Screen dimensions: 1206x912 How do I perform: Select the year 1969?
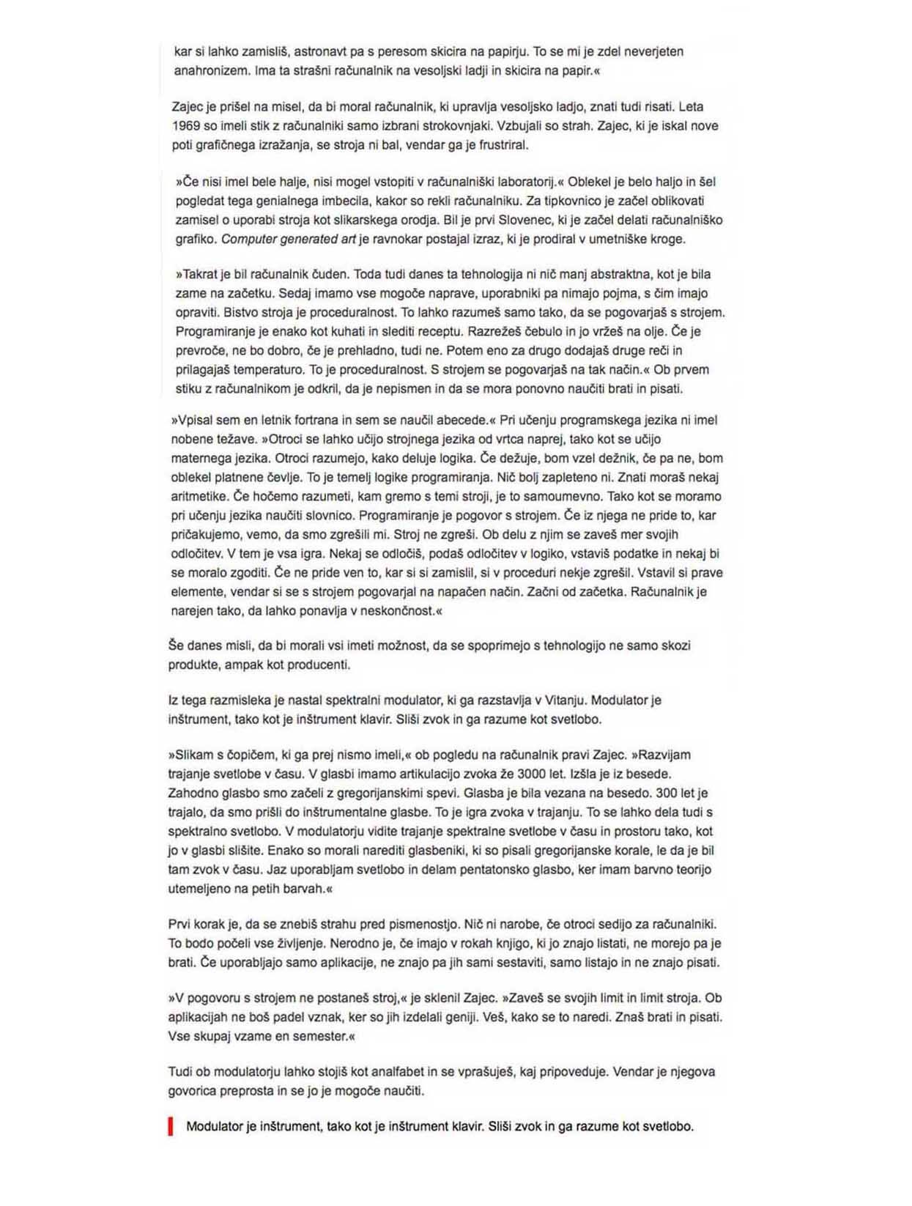pos(185,126)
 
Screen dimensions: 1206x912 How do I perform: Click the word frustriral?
pos(502,145)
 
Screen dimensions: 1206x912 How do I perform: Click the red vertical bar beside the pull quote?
pos(171,1126)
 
